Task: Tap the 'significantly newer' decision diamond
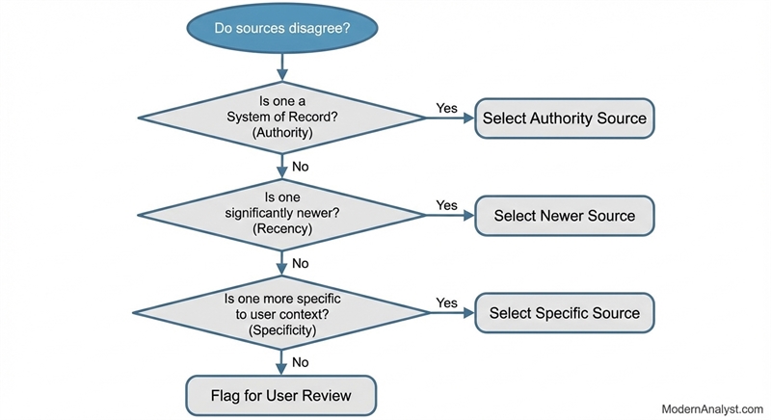click(x=281, y=214)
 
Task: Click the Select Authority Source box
click(x=565, y=118)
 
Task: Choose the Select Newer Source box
click(x=565, y=216)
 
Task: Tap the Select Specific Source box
click(x=565, y=313)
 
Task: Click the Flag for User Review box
click(x=281, y=395)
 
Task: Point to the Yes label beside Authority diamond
click(x=447, y=108)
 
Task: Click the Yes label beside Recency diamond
click(x=447, y=205)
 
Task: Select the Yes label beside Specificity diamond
click(x=447, y=302)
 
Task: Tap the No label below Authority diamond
click(x=300, y=166)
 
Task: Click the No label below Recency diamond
click(x=300, y=263)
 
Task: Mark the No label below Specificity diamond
click(x=300, y=362)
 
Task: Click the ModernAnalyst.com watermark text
click(x=712, y=409)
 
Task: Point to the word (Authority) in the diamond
click(x=281, y=133)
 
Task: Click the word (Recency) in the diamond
click(x=281, y=230)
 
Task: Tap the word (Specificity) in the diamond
click(x=281, y=329)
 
